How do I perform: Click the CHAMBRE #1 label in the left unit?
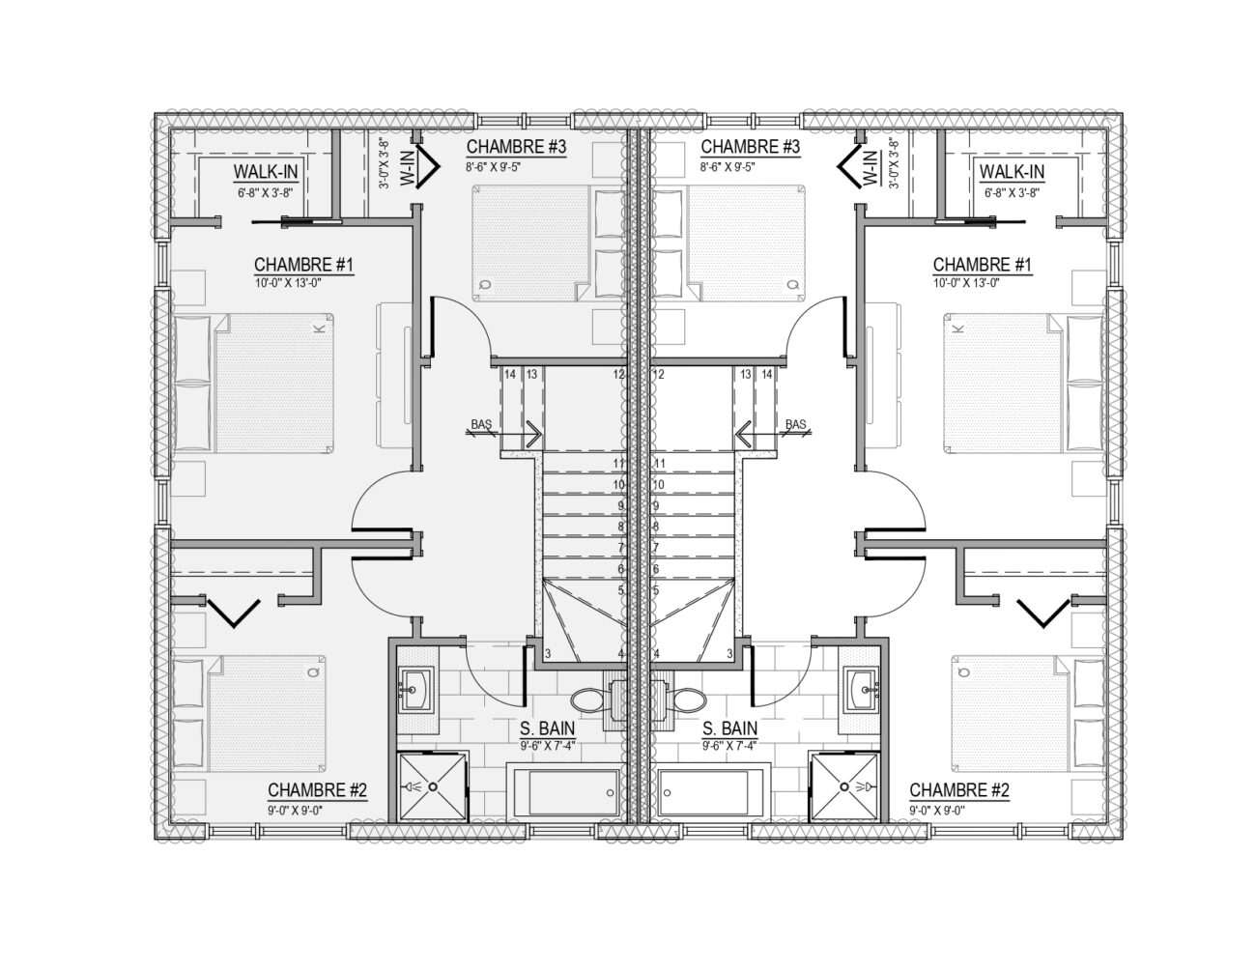point(303,265)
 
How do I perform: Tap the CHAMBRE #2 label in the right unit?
point(959,790)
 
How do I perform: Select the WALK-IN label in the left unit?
point(266,172)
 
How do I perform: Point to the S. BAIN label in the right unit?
point(729,728)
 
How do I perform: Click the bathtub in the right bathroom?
point(714,792)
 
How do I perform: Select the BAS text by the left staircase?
point(481,425)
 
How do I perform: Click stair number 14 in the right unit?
point(766,375)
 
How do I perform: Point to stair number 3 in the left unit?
point(548,654)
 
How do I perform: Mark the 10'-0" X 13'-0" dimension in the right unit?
point(965,283)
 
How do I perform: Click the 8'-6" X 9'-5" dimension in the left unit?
point(493,167)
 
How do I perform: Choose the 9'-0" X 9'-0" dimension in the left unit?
point(295,811)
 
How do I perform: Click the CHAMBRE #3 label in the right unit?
point(751,147)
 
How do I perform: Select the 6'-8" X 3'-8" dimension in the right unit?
point(1012,192)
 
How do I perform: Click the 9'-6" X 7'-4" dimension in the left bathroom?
point(548,745)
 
